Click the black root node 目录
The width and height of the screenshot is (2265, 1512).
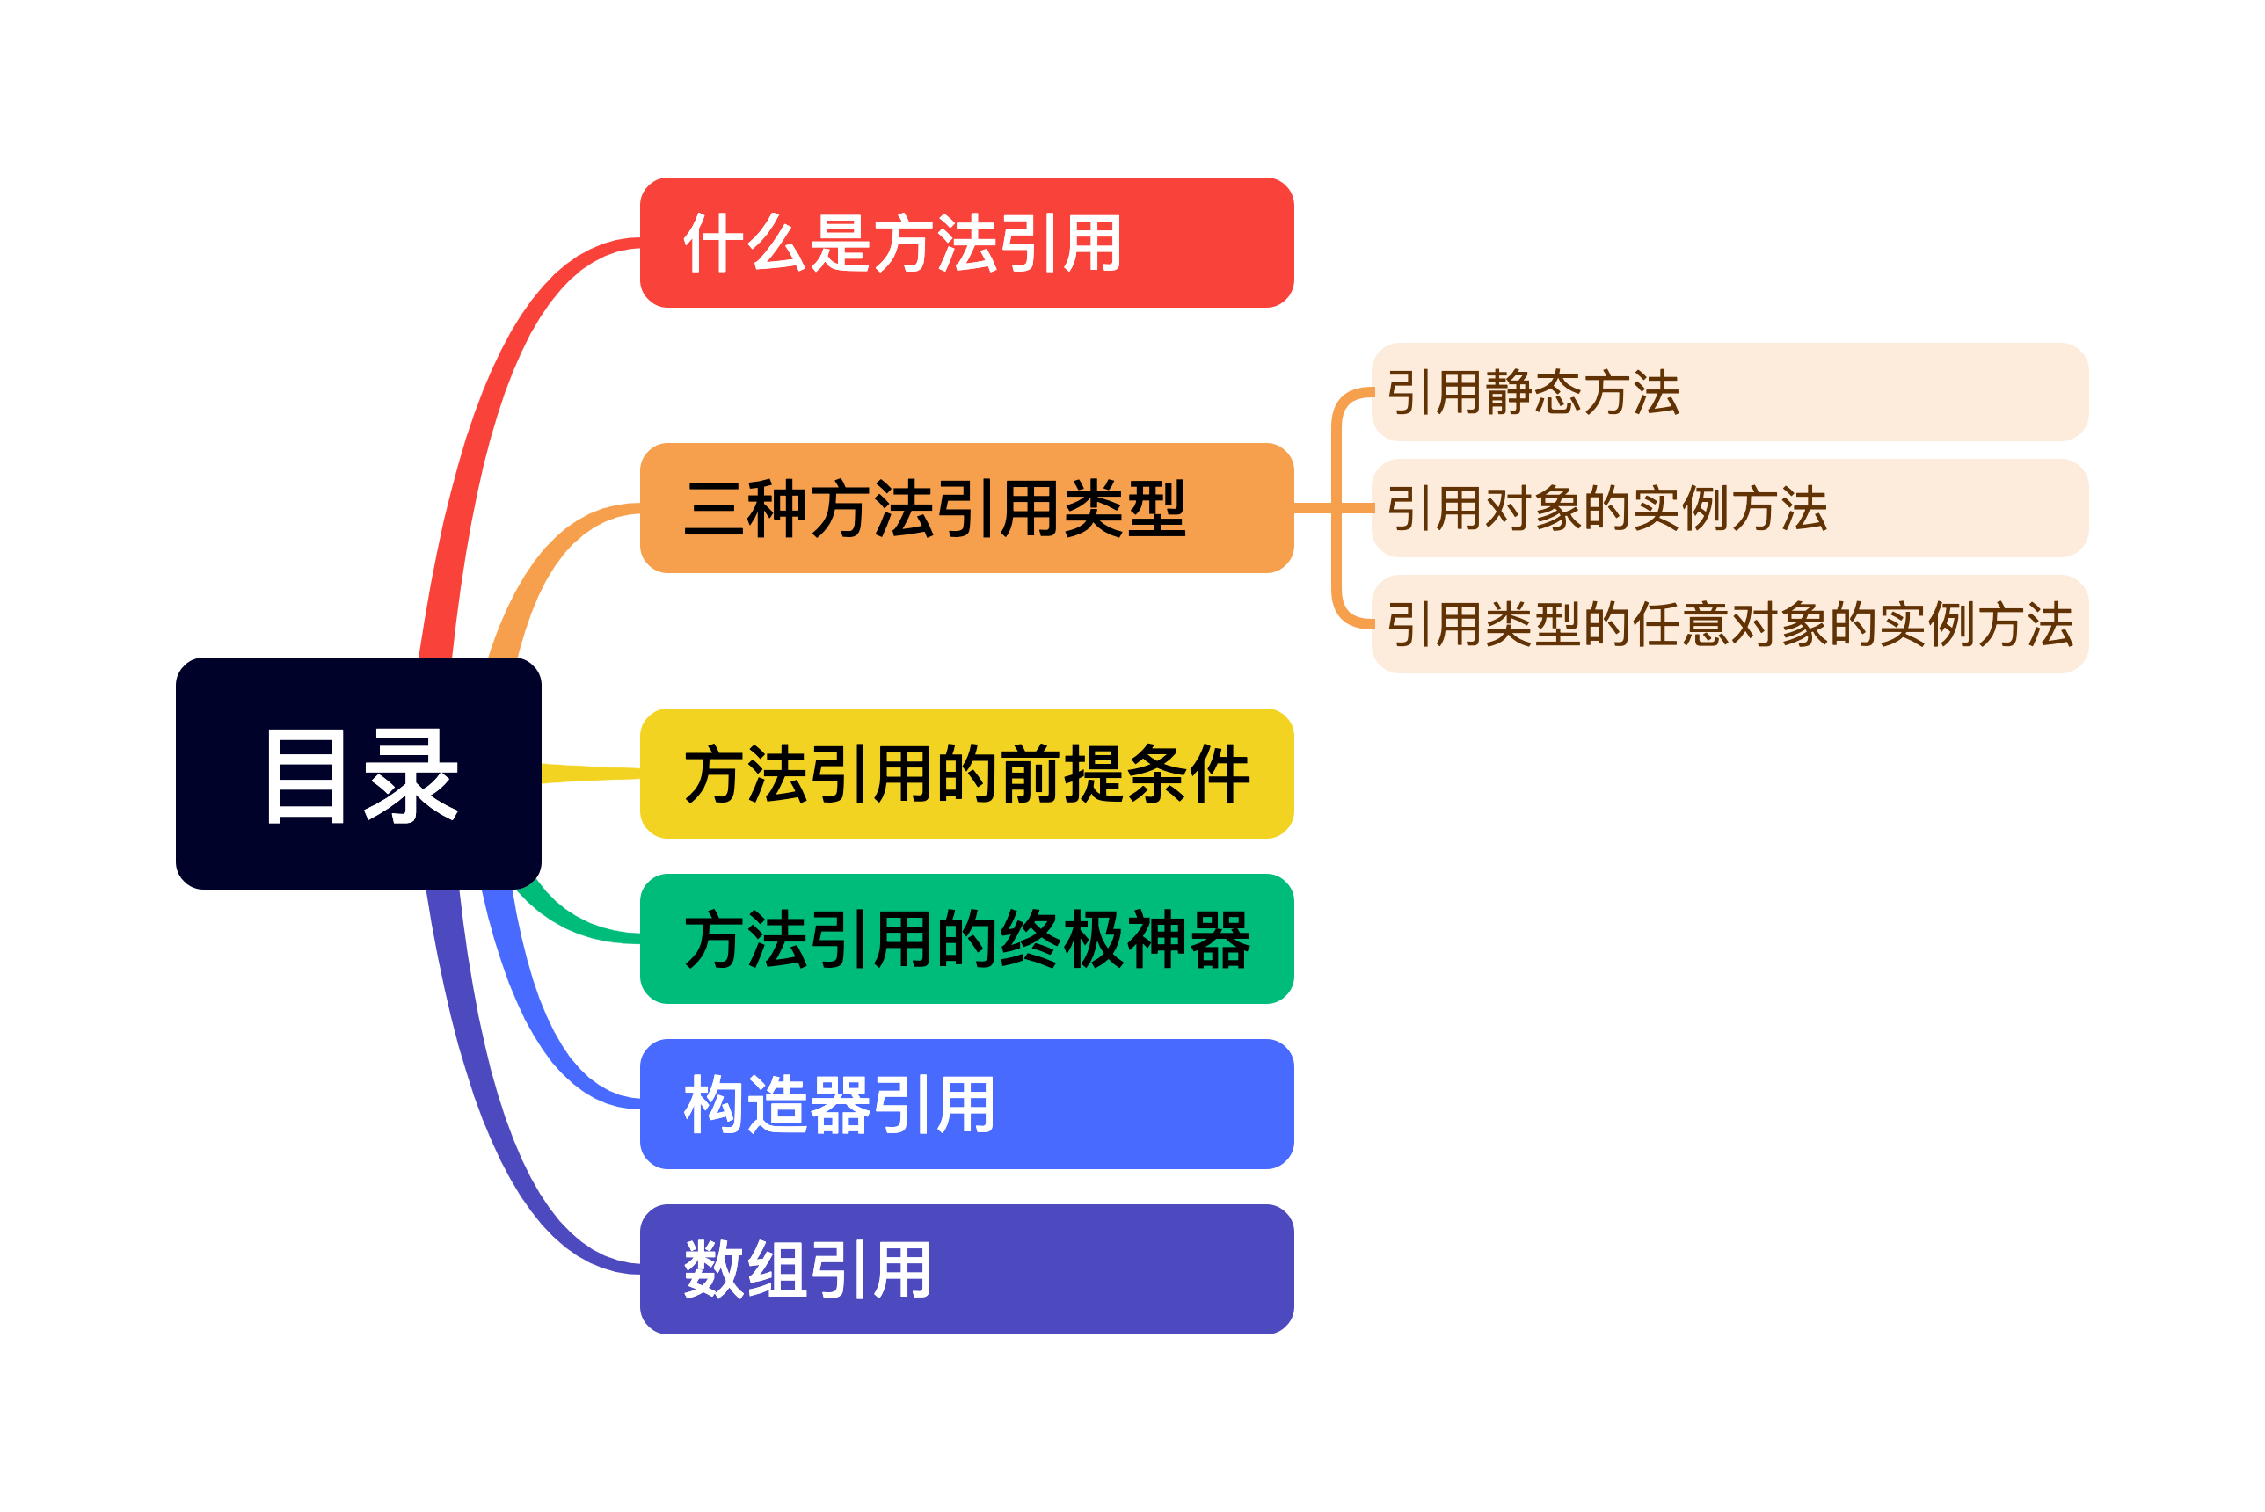click(358, 773)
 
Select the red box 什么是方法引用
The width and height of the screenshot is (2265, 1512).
click(966, 242)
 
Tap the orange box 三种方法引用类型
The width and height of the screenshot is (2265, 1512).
click(966, 508)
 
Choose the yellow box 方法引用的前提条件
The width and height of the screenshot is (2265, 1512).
click(966, 774)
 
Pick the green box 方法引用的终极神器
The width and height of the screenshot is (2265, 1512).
click(966, 938)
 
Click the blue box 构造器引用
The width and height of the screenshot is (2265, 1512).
click(966, 1104)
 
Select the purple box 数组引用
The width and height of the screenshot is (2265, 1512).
click(966, 1269)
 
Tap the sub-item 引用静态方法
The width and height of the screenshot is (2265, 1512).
click(1729, 391)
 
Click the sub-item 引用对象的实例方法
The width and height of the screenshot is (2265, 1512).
click(1729, 508)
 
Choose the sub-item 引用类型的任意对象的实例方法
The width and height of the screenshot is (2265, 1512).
click(1729, 624)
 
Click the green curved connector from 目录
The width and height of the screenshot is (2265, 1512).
click(569, 921)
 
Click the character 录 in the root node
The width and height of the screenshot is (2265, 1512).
click(411, 774)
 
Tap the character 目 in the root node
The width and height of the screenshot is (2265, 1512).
click(306, 774)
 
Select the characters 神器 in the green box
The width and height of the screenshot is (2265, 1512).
click(1187, 939)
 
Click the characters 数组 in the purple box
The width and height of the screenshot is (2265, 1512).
click(747, 1269)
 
